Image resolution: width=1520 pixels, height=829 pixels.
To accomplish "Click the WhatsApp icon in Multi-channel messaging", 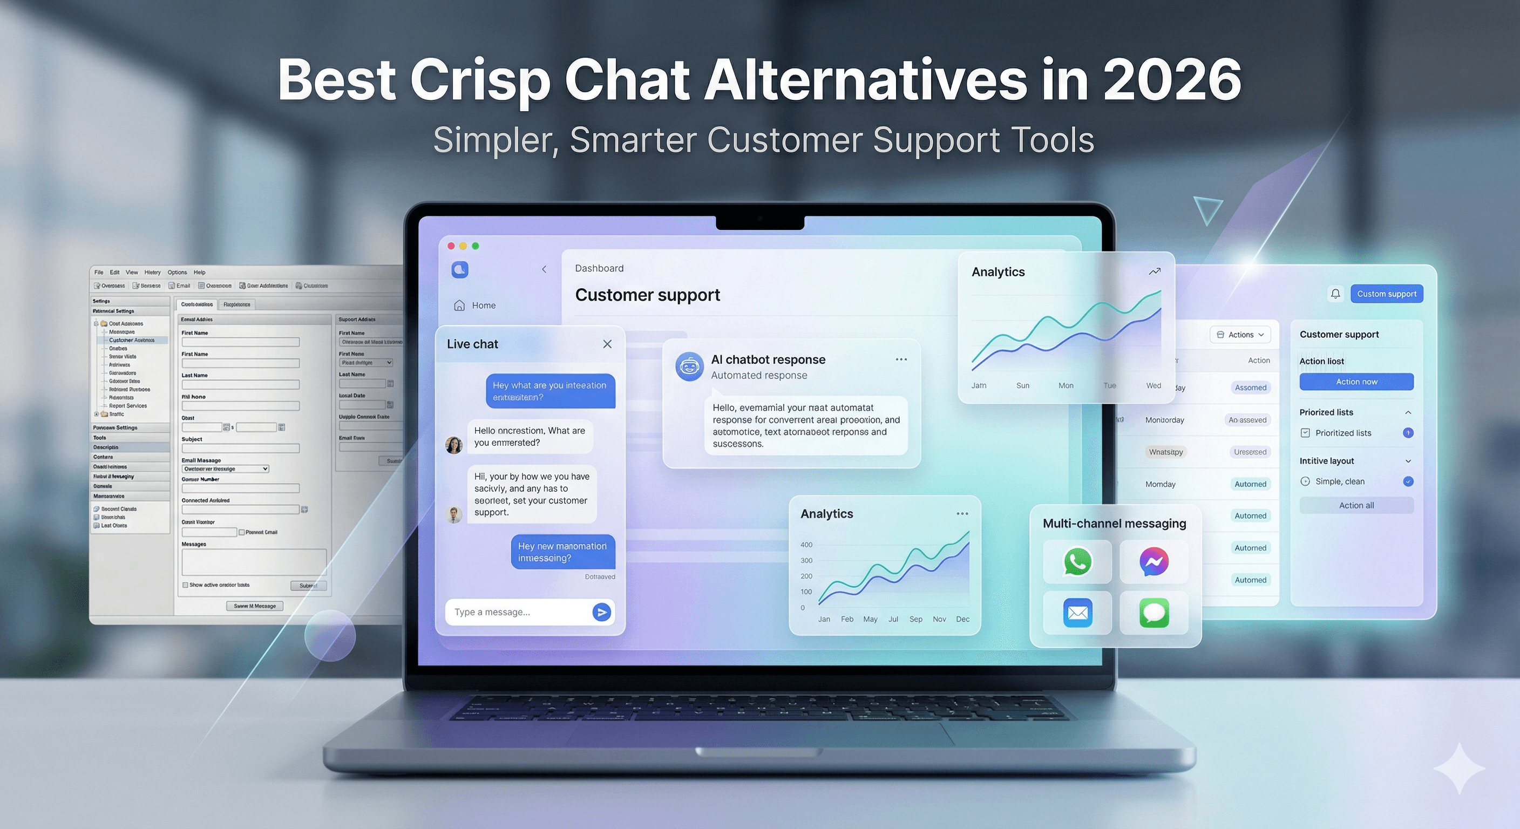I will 1077,561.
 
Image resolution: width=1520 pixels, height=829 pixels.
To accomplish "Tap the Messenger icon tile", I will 1153,561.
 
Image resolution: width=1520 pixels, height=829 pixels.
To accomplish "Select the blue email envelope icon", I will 1077,613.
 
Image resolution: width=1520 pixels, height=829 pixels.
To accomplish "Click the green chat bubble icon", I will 1153,613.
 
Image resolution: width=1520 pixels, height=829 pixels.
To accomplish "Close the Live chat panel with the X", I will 607,344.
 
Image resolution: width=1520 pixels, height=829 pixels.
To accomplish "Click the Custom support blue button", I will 1386,294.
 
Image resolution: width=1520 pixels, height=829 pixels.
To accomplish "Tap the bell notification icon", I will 1335,294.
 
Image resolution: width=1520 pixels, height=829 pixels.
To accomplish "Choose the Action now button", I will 1356,382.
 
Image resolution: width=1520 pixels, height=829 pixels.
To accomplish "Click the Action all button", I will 1356,505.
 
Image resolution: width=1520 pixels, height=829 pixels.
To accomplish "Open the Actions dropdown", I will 1241,335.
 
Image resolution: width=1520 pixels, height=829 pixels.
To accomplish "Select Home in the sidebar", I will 483,305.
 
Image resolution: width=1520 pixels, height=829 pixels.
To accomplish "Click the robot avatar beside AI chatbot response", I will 689,366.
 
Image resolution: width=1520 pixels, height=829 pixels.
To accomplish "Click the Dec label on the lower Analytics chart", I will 962,619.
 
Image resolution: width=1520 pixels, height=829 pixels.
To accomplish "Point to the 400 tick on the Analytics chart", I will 806,545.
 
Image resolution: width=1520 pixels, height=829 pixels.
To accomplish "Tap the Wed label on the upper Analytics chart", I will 1153,385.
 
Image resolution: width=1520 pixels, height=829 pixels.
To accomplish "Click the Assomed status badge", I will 1250,388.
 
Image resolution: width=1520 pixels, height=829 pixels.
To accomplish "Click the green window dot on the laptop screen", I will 476,246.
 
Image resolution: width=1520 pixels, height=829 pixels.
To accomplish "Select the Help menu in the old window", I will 199,272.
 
